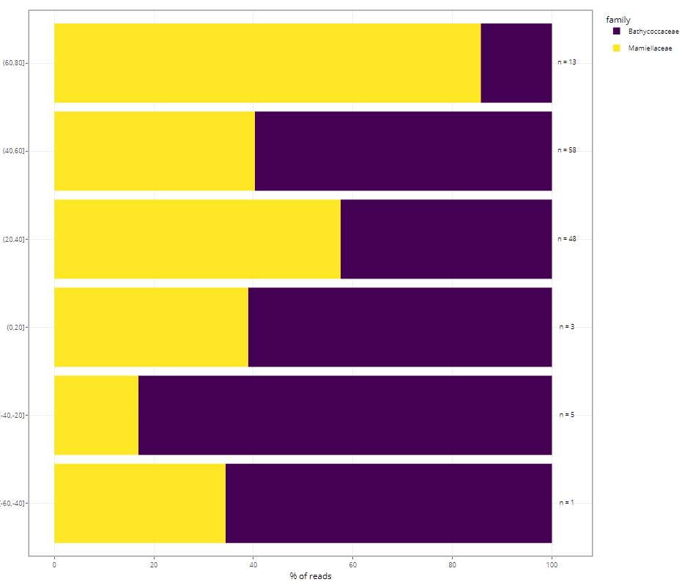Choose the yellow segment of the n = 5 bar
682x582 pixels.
click(96, 415)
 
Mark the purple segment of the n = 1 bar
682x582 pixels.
click(388, 503)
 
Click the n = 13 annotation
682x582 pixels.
click(567, 62)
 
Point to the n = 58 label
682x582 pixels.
click(567, 150)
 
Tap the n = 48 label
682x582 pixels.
click(567, 239)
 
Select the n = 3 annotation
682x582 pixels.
click(567, 327)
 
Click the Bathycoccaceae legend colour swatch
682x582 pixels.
click(617, 32)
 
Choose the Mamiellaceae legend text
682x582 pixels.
click(651, 48)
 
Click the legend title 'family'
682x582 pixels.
click(618, 20)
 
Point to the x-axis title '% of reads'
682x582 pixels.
click(311, 576)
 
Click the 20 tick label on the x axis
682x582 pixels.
click(154, 565)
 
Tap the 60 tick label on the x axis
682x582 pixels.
click(352, 565)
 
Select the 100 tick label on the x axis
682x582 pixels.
click(552, 565)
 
